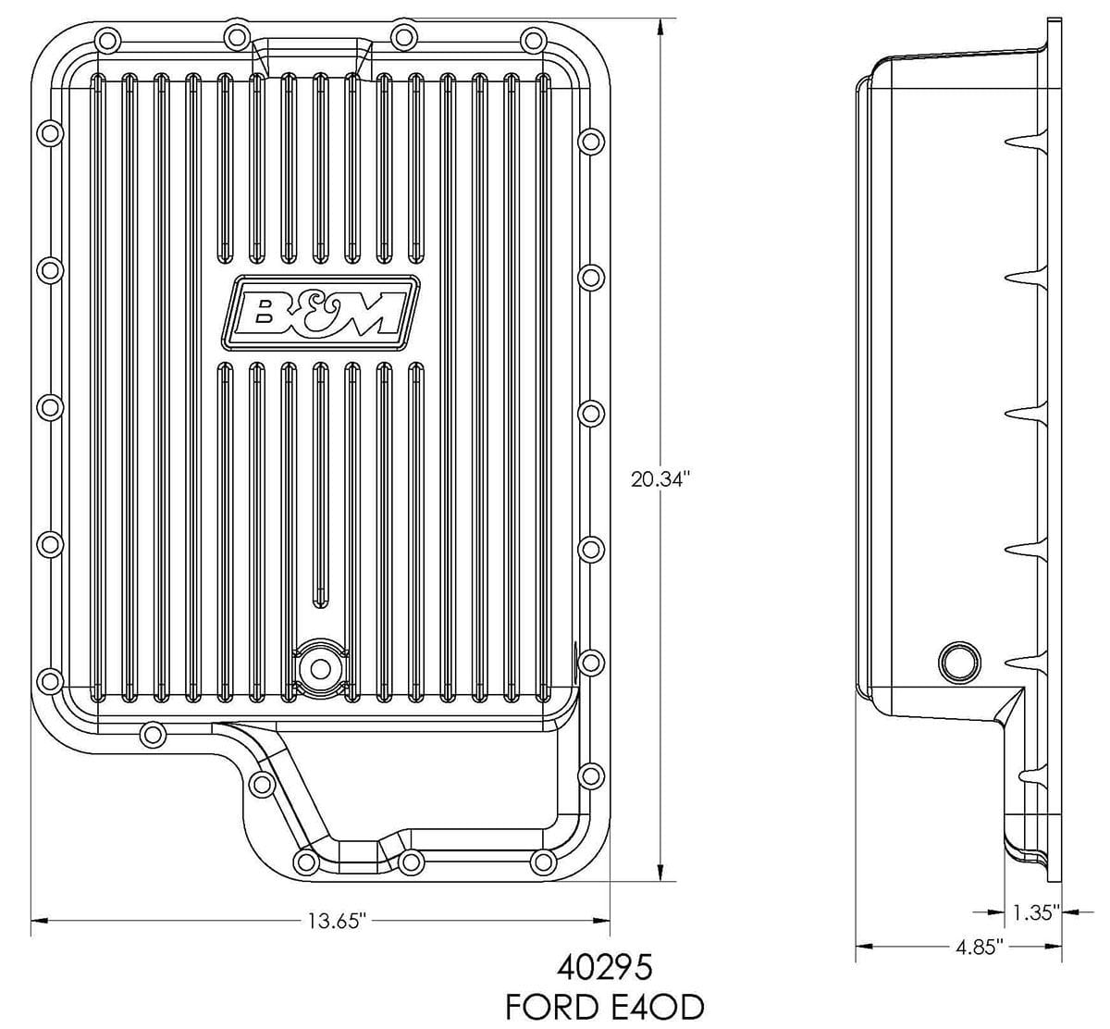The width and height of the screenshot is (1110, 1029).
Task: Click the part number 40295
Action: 606,968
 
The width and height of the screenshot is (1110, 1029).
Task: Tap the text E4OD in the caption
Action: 660,1006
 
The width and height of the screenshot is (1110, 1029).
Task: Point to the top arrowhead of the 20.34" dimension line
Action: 660,26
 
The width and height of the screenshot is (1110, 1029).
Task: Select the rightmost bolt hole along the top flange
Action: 533,39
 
